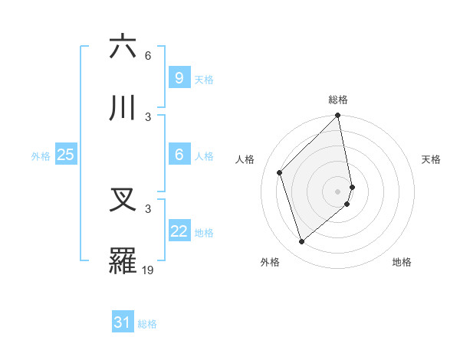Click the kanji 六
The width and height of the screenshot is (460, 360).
coord(123,47)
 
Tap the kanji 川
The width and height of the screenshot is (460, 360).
coord(123,108)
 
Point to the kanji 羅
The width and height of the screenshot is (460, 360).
coord(123,261)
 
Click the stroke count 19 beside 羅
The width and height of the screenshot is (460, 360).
coord(148,270)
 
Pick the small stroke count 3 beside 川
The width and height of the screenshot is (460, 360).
coord(148,116)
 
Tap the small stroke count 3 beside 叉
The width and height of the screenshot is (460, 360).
coord(148,208)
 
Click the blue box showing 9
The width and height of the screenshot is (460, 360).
coord(179,77)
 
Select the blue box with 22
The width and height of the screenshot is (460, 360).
coord(179,231)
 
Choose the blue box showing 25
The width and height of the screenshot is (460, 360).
coord(65,155)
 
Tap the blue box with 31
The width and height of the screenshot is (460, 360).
coord(123,323)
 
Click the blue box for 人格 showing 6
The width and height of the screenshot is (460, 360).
coord(179,155)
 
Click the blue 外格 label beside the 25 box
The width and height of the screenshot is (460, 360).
coord(41,155)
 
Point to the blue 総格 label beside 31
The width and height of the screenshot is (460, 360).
coord(147,324)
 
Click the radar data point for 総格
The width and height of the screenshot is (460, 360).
coord(338,116)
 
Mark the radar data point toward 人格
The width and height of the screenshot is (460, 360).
coord(280,172)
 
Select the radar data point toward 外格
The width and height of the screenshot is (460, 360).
coord(302,242)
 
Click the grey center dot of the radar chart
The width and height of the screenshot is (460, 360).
coord(338,191)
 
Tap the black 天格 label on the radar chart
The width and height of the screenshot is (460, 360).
coord(431,159)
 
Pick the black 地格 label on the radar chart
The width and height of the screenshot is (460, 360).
coord(402,262)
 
